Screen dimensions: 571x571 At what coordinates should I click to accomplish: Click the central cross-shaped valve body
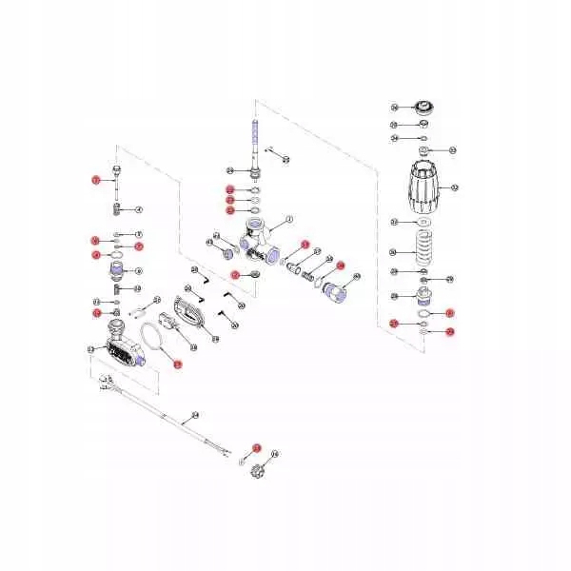point(256,238)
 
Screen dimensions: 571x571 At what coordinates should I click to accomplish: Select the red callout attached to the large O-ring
point(175,363)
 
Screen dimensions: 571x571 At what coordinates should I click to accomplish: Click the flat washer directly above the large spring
point(422,222)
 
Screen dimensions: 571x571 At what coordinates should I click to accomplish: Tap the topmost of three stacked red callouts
point(229,189)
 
